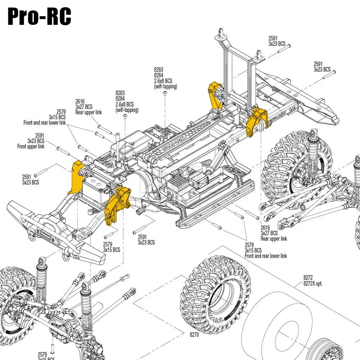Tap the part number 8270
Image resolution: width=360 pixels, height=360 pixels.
[x=194, y=334]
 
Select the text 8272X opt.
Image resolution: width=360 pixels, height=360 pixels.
[x=312, y=283]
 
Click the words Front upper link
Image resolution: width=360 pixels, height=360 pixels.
[x=31, y=147]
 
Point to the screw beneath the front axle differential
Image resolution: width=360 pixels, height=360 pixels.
[x=52, y=348]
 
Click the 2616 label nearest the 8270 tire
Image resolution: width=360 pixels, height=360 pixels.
[x=265, y=228]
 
